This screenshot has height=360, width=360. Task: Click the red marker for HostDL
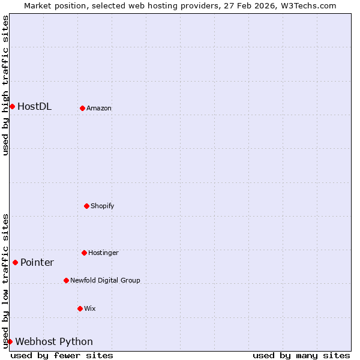click(12, 106)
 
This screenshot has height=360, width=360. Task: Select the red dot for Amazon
click(82, 108)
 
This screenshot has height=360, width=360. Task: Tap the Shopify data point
click(86, 206)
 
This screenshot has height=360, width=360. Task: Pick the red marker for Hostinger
click(84, 253)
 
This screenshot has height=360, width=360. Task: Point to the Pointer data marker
click(15, 262)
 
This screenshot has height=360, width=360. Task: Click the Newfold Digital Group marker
click(66, 280)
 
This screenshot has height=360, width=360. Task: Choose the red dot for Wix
click(80, 308)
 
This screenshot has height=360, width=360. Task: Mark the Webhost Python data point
click(10, 341)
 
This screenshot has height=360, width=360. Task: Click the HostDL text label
click(34, 107)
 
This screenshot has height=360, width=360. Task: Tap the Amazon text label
click(99, 109)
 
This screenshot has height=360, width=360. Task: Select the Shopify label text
click(103, 206)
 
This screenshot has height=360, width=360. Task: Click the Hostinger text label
click(103, 253)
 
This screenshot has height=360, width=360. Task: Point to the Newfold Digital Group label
click(105, 281)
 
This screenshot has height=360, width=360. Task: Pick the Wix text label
click(90, 309)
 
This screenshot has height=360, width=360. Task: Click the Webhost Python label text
click(54, 342)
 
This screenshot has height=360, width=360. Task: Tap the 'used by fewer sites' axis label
click(62, 355)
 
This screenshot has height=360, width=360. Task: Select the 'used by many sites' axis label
click(301, 355)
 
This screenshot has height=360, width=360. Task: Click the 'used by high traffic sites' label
click(5, 85)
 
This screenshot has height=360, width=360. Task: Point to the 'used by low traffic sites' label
click(5, 281)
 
